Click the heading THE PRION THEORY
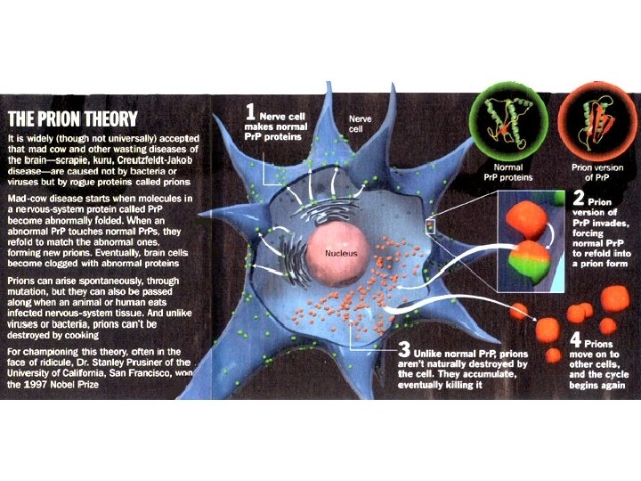(73, 118)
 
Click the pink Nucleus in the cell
(340, 253)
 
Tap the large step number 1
(251, 112)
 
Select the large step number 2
(579, 198)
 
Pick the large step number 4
(576, 341)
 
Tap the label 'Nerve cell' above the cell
(360, 123)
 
